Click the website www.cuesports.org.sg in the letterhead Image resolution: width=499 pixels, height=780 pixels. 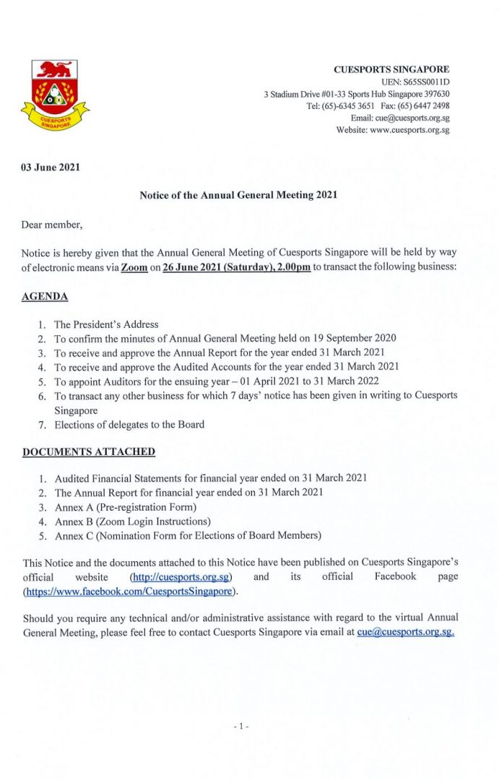(409, 130)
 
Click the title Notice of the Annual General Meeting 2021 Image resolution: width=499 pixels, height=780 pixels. (238, 195)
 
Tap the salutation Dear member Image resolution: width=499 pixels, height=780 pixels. (52, 225)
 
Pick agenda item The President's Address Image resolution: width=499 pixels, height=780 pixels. (106, 324)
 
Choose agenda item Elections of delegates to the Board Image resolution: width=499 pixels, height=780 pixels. (129, 425)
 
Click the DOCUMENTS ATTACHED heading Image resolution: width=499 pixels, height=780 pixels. (89, 451)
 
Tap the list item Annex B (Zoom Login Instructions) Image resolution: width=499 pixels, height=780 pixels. (133, 521)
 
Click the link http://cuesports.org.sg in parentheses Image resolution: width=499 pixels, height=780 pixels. (181, 577)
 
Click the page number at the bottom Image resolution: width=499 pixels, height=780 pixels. (241, 725)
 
